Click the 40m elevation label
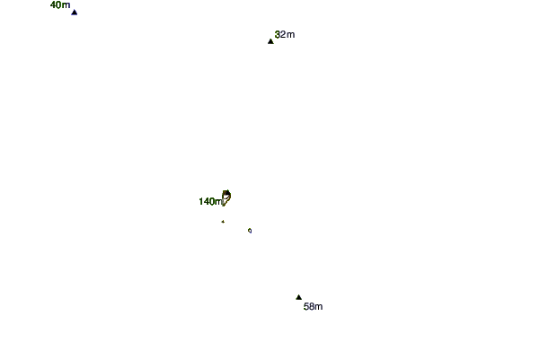point(60,5)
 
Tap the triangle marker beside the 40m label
point(75,13)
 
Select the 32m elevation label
point(284,35)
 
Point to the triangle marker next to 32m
point(270,41)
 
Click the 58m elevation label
point(313,307)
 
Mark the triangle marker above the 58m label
point(299,297)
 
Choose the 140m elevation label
point(210,202)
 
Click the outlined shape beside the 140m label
point(226,197)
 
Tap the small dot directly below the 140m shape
point(222,222)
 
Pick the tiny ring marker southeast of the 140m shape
point(250,231)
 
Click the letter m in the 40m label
point(66,5)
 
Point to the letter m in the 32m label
point(290,35)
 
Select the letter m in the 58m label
point(319,307)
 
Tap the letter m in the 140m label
point(218,202)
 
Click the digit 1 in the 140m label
point(201,202)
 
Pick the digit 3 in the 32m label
point(278,35)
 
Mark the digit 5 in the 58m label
point(306,307)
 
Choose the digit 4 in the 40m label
point(53,5)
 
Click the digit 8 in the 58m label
point(312,307)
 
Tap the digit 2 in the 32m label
point(283,35)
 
